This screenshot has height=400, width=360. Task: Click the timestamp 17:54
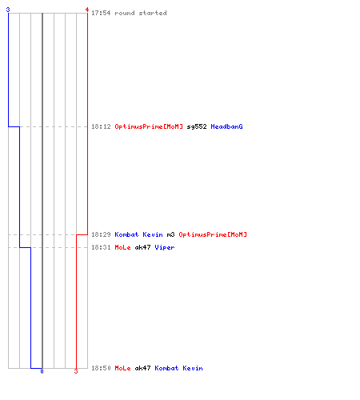click(101, 13)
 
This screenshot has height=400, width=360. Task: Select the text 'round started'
click(141, 13)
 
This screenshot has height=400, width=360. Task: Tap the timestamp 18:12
click(101, 126)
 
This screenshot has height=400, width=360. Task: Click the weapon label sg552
click(197, 126)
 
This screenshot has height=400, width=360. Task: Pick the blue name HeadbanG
click(226, 126)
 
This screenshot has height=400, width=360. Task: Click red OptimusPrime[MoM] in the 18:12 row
click(149, 126)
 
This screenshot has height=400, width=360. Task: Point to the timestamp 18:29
click(101, 234)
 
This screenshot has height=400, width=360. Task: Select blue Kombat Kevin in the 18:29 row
click(138, 234)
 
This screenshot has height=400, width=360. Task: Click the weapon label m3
click(170, 234)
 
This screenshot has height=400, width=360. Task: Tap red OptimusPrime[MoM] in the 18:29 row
click(213, 234)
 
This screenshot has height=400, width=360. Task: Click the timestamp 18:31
click(101, 247)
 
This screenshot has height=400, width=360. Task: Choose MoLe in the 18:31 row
click(122, 247)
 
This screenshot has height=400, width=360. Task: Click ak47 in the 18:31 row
click(142, 247)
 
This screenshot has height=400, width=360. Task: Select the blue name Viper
click(165, 247)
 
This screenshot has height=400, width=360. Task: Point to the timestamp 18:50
click(101, 368)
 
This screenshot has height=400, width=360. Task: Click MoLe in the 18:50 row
click(122, 368)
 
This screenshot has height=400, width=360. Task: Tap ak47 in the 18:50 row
click(142, 368)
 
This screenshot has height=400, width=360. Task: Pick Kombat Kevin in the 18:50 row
click(178, 368)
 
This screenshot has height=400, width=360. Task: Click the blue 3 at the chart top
click(8, 10)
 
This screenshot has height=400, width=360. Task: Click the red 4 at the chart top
click(87, 10)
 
